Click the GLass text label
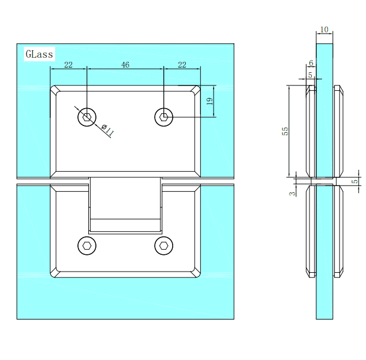tap(39, 55)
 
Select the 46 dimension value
tap(125, 65)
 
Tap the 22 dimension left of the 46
tap(68, 65)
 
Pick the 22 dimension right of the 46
tap(182, 65)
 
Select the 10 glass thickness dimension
tap(324, 29)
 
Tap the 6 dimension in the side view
tap(311, 63)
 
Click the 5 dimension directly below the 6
tap(310, 75)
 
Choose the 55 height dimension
tap(285, 131)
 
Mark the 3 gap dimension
tap(292, 194)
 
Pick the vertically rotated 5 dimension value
tap(355, 181)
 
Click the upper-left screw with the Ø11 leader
tap(87, 117)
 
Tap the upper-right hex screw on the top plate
tap(164, 117)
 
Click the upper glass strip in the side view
tap(324, 116)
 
